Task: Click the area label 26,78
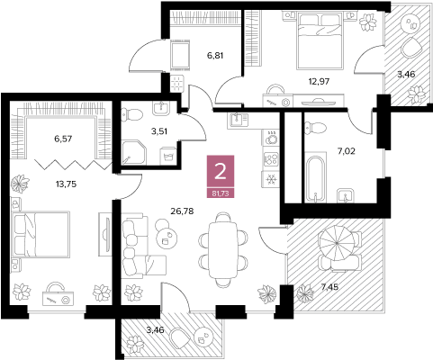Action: [x=182, y=211]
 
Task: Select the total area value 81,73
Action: [x=221, y=193]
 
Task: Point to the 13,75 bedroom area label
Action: [x=66, y=184]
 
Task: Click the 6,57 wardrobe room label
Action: [x=63, y=139]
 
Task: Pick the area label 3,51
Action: [x=159, y=131]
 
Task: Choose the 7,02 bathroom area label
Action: [x=347, y=151]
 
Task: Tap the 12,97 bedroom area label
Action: [x=320, y=81]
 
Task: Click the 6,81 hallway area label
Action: [x=215, y=56]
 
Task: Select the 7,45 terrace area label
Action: [x=329, y=287]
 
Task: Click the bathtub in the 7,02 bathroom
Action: [x=315, y=177]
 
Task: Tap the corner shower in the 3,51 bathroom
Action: [x=134, y=152]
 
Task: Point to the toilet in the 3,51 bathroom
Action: [x=131, y=114]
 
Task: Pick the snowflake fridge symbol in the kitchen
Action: [x=271, y=179]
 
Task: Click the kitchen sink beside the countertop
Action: [x=239, y=120]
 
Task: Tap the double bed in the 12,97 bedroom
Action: [x=320, y=40]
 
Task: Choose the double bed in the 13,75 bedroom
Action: [x=41, y=234]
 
